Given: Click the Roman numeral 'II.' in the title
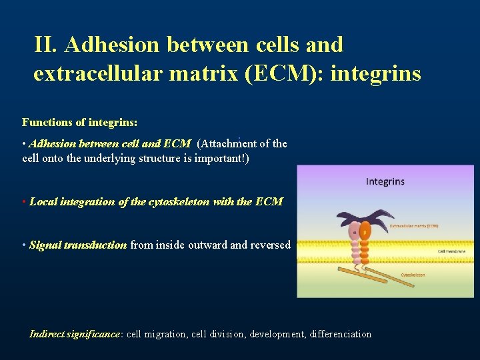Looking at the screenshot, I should pos(48,45).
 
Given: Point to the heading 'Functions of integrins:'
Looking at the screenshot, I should pos(80,122).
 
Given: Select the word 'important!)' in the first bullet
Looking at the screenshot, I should pos(222,159).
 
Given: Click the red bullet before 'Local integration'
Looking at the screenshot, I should pos(25,201).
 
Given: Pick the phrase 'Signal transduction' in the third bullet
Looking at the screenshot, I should pos(78,245).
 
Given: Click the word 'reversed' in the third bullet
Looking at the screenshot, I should pos(271,245).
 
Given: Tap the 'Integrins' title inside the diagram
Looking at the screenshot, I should pos(385,181).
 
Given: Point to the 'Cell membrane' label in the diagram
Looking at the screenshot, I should pos(451,251).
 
